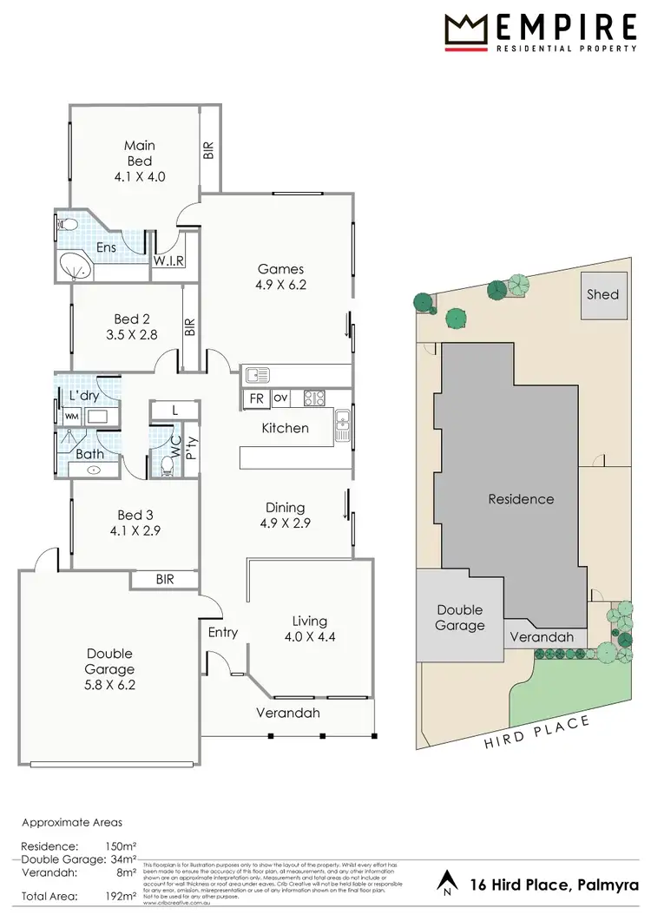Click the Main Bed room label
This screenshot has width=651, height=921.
click(x=139, y=154)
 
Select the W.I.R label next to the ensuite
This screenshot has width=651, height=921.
click(x=168, y=262)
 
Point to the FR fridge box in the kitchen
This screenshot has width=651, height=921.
click(x=256, y=398)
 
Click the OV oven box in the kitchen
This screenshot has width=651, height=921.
click(x=279, y=398)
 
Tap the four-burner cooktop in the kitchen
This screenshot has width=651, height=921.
click(x=314, y=398)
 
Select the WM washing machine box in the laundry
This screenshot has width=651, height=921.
click(x=71, y=416)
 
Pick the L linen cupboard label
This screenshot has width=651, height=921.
click(x=174, y=409)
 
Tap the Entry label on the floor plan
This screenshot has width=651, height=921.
click(x=222, y=632)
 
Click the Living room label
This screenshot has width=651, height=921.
click(x=309, y=621)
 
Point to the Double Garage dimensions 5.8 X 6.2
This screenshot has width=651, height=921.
click(x=110, y=684)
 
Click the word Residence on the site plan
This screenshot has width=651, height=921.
click(x=521, y=499)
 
